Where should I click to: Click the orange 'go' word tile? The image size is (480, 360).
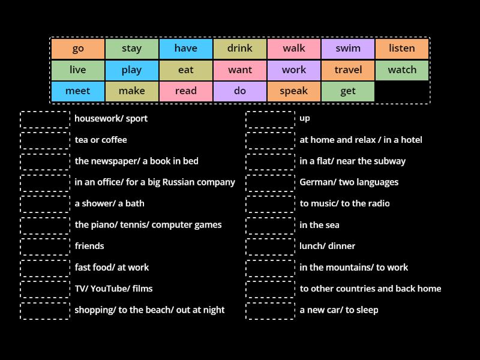[78, 49]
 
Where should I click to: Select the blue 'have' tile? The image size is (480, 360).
[186, 49]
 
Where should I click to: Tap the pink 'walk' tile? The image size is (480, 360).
[294, 49]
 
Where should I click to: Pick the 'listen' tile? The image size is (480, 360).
[402, 49]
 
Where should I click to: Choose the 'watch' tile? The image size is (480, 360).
[402, 70]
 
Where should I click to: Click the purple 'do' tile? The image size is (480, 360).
[240, 91]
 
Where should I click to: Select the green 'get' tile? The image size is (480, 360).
[348, 91]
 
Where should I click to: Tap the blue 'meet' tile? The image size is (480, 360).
[78, 91]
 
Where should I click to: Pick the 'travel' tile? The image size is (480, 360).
[348, 70]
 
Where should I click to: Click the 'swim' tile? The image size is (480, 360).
[348, 49]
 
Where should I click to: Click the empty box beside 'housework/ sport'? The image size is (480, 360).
[45, 119]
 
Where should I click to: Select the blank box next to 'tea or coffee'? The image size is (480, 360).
[45, 141]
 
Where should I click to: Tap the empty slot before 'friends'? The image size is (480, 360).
[45, 247]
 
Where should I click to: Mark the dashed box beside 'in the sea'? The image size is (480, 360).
[271, 226]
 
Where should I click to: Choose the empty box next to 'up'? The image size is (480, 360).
[271, 119]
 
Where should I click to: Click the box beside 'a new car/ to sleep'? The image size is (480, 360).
[271, 311]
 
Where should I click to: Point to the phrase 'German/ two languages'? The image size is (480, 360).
[349, 182]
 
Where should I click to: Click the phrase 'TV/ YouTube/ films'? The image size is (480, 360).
[113, 289]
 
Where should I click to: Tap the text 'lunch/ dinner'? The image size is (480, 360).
[327, 246]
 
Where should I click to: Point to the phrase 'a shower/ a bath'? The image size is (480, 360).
[109, 203]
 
